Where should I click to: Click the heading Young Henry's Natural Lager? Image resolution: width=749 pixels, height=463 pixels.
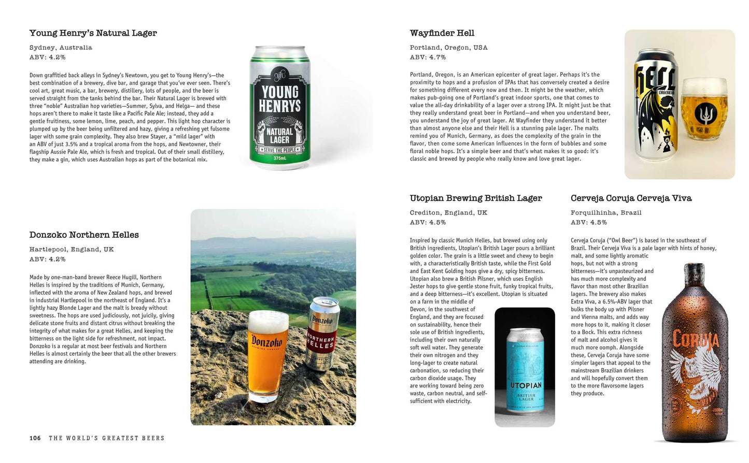tap(93, 33)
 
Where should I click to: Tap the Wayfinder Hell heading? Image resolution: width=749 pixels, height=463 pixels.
tap(442, 33)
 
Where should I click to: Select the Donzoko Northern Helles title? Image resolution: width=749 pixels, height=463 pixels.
tap(84, 235)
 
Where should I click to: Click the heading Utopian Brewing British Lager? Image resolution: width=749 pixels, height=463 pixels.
tap(475, 198)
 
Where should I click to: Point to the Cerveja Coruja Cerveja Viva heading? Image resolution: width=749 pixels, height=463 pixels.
tap(631, 198)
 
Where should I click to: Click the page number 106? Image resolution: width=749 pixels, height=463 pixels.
tap(35, 438)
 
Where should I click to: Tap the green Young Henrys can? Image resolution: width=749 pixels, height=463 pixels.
tap(280, 108)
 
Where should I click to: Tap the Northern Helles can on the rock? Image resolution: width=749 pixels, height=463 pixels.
tap(323, 334)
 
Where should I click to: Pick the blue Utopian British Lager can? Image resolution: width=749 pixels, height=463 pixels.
tap(526, 371)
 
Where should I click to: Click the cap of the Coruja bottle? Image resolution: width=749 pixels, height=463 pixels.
tap(694, 268)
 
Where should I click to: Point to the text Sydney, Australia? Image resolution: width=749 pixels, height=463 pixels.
tap(61, 48)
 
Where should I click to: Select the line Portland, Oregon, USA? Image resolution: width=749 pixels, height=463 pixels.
tap(448, 48)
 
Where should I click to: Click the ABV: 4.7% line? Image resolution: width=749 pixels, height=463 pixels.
tap(428, 57)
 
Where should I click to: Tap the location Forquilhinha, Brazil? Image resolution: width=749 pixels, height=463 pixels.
tap(606, 213)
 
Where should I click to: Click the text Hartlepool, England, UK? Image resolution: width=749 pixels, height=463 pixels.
tap(72, 250)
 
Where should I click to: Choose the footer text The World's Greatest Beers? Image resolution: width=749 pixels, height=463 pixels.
tap(106, 438)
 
